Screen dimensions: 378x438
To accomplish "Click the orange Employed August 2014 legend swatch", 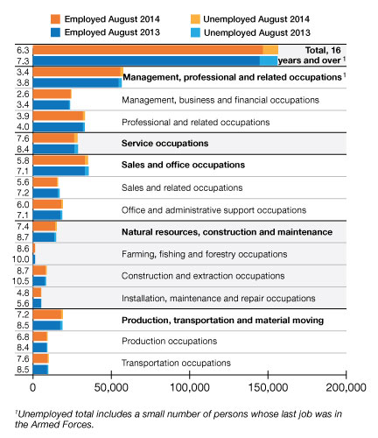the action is [x=55, y=19].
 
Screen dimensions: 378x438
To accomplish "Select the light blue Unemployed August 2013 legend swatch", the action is [x=196, y=32].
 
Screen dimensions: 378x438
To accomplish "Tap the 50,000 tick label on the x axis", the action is [x=111, y=387].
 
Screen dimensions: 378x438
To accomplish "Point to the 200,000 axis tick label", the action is [x=346, y=387].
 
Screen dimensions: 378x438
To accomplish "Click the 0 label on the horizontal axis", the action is [x=32, y=387].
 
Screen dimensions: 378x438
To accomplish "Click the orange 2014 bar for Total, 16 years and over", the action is [x=156, y=50].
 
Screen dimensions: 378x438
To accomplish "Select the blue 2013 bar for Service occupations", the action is [x=55, y=149].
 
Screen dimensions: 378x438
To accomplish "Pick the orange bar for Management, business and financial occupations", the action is [x=52, y=94].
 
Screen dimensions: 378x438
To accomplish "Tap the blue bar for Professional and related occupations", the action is [x=59, y=127].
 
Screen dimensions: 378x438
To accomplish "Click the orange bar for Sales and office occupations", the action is [x=60, y=160].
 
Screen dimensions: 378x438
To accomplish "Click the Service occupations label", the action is [x=164, y=144].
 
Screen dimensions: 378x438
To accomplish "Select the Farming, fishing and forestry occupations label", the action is [x=204, y=254].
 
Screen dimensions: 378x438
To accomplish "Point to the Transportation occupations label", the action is [x=176, y=363].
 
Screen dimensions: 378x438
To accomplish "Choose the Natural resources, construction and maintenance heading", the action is [x=227, y=232].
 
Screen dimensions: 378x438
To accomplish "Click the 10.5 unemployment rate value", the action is [x=21, y=281].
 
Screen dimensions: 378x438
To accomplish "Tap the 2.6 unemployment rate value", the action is [x=23, y=94].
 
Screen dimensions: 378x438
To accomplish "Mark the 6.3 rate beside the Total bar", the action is [x=23, y=50].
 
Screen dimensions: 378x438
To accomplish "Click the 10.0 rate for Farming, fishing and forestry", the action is [x=21, y=259].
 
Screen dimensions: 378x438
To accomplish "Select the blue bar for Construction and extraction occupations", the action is [x=39, y=281].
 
